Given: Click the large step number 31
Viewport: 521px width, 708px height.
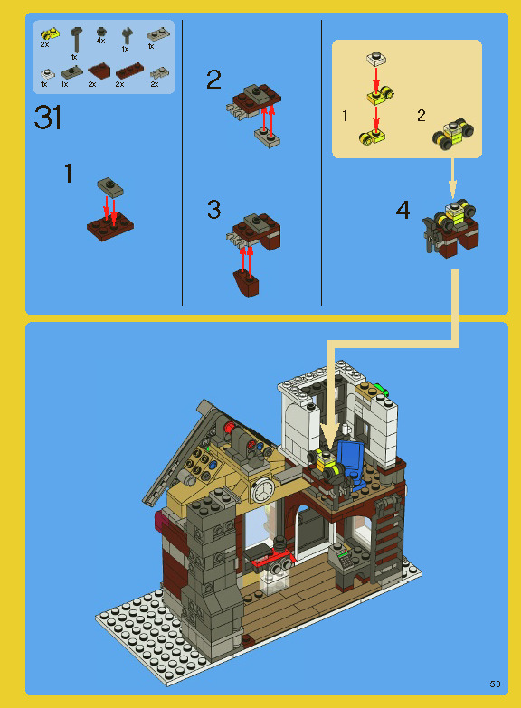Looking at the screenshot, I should click(x=49, y=118).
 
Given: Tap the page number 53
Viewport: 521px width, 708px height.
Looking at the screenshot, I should click(x=495, y=682).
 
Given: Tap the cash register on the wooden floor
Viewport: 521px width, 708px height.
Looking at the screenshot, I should click(x=345, y=561).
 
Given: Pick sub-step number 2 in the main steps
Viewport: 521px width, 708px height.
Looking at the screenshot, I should click(x=213, y=80).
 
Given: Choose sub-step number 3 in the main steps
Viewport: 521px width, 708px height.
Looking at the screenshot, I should click(x=213, y=210).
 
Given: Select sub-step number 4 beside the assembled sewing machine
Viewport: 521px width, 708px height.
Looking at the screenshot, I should click(x=403, y=211).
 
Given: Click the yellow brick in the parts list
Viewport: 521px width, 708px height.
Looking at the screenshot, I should click(x=50, y=34).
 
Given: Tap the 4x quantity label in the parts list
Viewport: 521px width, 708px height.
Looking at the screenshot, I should click(x=100, y=41).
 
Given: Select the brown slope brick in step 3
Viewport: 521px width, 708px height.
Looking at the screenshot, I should click(x=247, y=284).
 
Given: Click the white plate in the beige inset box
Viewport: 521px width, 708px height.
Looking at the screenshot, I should click(x=377, y=59).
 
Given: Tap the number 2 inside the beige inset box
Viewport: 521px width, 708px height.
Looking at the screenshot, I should click(x=422, y=116).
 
